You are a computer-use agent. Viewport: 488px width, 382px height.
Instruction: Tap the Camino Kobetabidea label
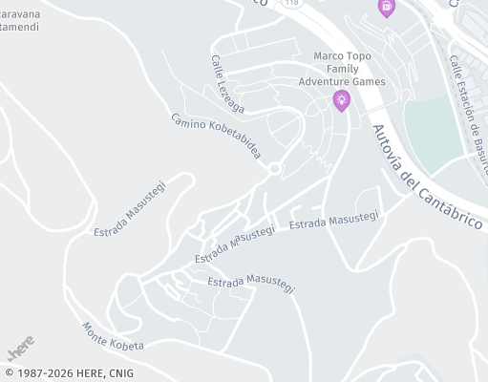pyautogui.click(x=216, y=136)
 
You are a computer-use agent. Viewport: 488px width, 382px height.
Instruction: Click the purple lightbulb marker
pyautogui.click(x=341, y=99)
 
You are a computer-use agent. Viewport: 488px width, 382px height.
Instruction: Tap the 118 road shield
pyautogui.click(x=291, y=4)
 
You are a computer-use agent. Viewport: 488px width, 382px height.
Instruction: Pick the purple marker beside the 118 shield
pyautogui.click(x=386, y=7)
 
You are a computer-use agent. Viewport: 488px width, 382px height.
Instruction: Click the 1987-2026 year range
pyautogui.click(x=44, y=373)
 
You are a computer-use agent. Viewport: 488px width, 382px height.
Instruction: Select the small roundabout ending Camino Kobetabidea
pyautogui.click(x=275, y=169)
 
